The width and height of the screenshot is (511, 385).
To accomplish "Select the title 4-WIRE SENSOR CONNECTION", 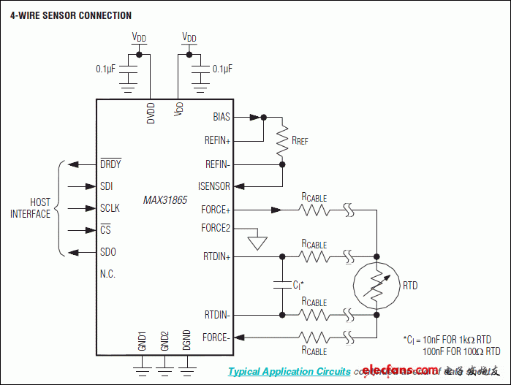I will (x=71, y=15).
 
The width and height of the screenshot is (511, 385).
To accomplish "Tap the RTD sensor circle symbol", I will (x=376, y=286).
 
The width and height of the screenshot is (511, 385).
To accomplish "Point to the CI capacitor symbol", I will (x=282, y=285).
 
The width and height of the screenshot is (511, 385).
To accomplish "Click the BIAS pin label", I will (x=221, y=116).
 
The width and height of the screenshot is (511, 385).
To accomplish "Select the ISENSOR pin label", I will (x=213, y=186).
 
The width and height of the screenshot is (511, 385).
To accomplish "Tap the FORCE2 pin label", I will (x=216, y=228).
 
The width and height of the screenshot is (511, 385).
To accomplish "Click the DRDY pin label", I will (x=110, y=164).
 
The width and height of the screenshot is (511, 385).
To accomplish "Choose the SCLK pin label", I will (x=110, y=208).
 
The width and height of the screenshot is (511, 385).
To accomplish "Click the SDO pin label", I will (x=107, y=252).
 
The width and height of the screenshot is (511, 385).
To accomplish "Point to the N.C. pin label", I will (x=107, y=274).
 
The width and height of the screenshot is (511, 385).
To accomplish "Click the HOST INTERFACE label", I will (x=30, y=208).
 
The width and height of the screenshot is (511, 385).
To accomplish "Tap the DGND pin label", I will (x=187, y=340).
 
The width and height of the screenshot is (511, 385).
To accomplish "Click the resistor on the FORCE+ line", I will (x=314, y=210).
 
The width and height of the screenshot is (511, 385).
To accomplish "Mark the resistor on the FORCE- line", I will (x=314, y=337).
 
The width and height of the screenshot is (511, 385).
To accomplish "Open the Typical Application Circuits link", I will (x=289, y=371).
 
